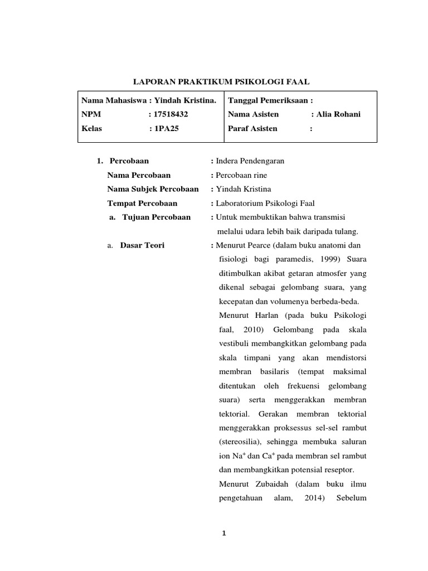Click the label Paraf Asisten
252,128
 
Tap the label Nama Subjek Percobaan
153,189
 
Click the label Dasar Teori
142,245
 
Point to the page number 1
223,534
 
